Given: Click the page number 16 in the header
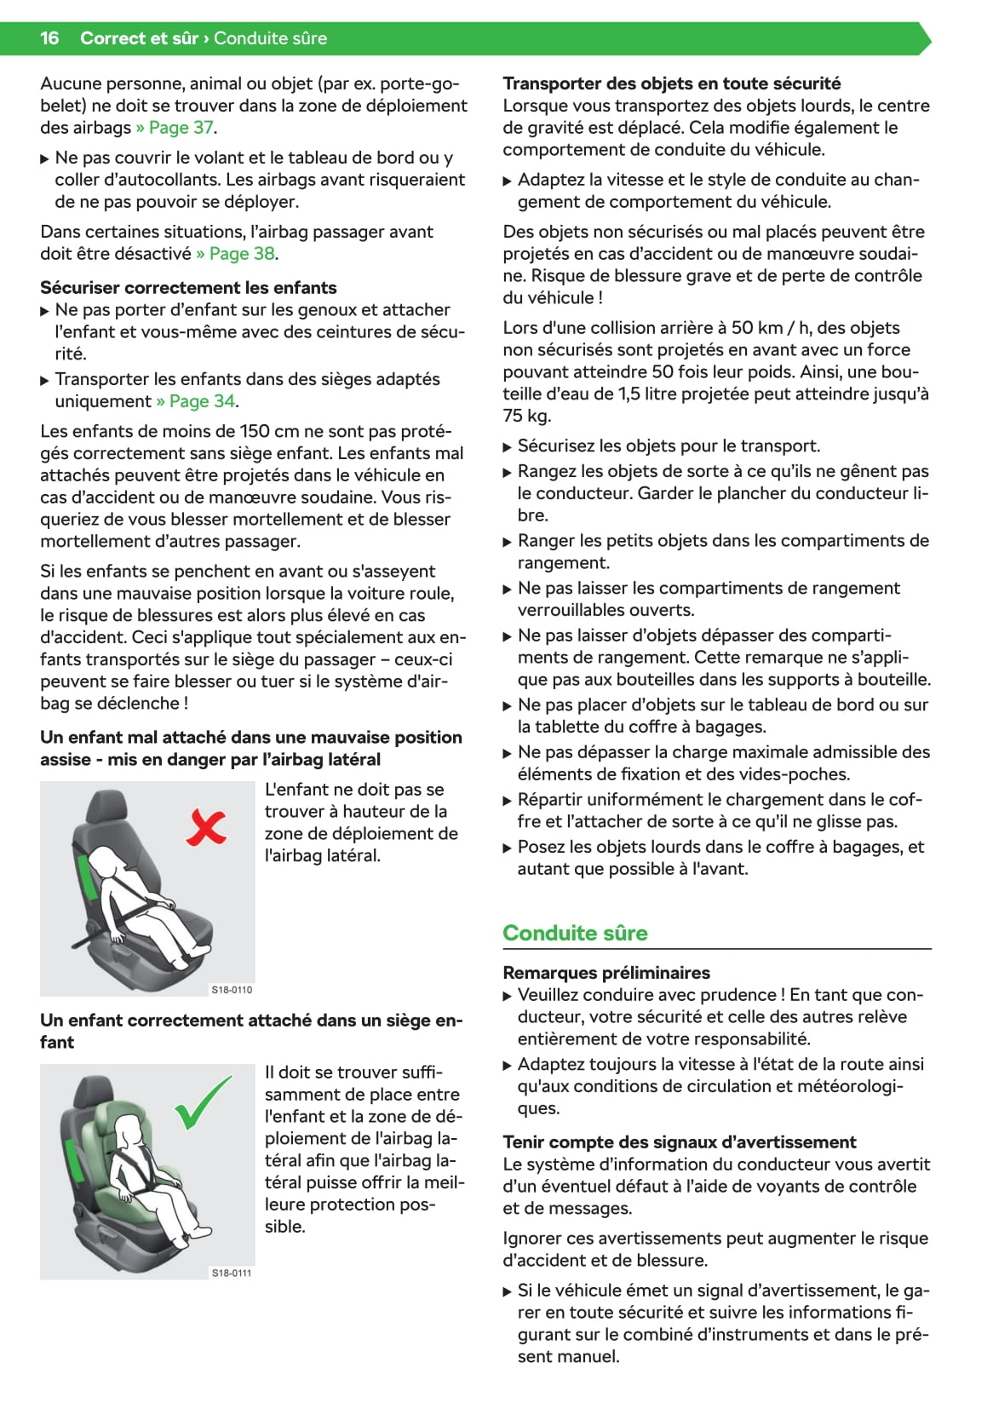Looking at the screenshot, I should [49, 38].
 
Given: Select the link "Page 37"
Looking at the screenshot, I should [181, 128].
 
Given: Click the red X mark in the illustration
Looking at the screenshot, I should [206, 827].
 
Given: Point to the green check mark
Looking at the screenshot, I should [202, 1102].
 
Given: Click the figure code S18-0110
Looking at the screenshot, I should [232, 990].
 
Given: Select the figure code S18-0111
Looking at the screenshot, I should [232, 1273].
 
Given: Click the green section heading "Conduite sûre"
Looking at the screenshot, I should [575, 933].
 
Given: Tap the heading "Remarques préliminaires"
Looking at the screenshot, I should [606, 973].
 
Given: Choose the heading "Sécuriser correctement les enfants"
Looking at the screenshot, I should [188, 288].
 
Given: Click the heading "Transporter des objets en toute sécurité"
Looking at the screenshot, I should [671, 83].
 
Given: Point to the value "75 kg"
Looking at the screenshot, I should [526, 417].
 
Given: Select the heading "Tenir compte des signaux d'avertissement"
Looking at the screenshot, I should [679, 1142].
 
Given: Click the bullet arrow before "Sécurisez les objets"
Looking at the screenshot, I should [508, 447].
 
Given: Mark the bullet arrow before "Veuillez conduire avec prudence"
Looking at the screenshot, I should [508, 996].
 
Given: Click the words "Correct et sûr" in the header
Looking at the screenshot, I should [139, 38].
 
